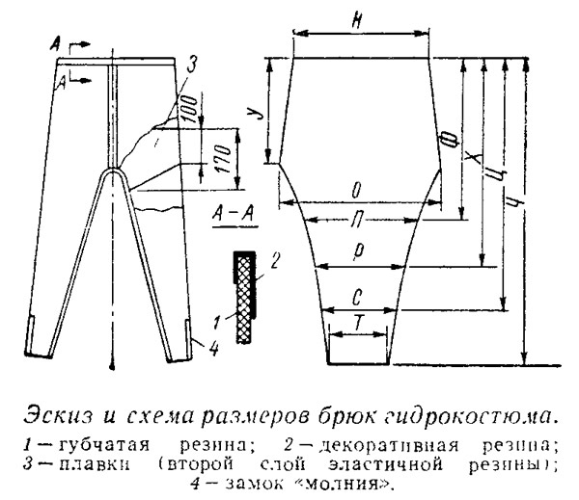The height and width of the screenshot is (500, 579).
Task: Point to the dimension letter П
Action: [358, 223]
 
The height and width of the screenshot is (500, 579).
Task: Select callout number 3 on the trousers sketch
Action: [193, 65]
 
